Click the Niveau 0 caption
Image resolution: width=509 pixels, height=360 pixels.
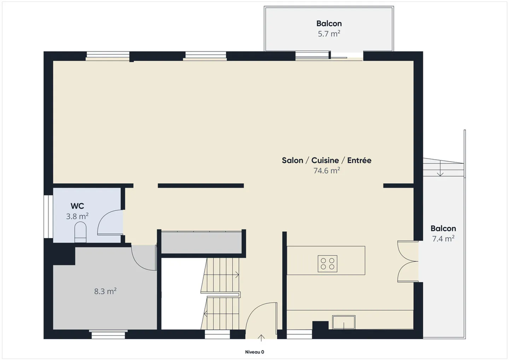(255, 352)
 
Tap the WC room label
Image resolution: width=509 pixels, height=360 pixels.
(77, 206)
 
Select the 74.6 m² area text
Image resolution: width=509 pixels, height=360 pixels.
(327, 170)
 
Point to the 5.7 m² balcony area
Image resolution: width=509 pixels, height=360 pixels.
(329, 34)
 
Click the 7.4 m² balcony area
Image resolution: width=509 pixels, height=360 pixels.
(443, 239)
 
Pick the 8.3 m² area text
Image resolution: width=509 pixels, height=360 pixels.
(105, 291)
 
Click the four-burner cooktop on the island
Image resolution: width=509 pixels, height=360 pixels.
(327, 264)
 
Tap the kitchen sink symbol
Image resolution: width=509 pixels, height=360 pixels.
(344, 322)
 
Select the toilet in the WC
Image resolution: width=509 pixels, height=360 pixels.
(81, 232)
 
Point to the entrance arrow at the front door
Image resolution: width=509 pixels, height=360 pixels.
(261, 338)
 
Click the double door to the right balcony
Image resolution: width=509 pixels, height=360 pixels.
(408, 261)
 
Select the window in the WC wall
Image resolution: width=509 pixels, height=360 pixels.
(48, 216)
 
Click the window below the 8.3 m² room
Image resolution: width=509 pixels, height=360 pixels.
(108, 335)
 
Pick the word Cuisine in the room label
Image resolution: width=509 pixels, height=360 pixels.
(325, 161)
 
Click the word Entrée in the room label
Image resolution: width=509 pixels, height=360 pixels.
(359, 160)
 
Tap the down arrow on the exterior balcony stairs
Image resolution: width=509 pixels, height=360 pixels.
(440, 168)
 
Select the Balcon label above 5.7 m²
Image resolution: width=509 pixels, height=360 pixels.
(329, 23)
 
